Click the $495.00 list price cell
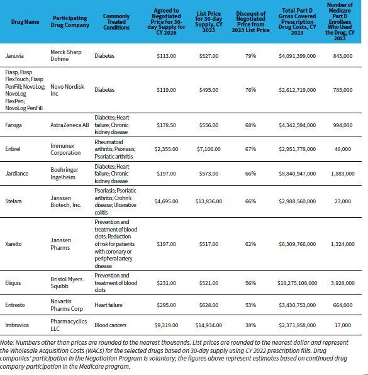pos(208,90)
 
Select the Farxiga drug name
pos(13,125)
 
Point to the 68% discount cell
pos(250,125)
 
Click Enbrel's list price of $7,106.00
pos(208,150)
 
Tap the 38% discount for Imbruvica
pos(250,327)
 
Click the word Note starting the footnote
pos(8,342)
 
